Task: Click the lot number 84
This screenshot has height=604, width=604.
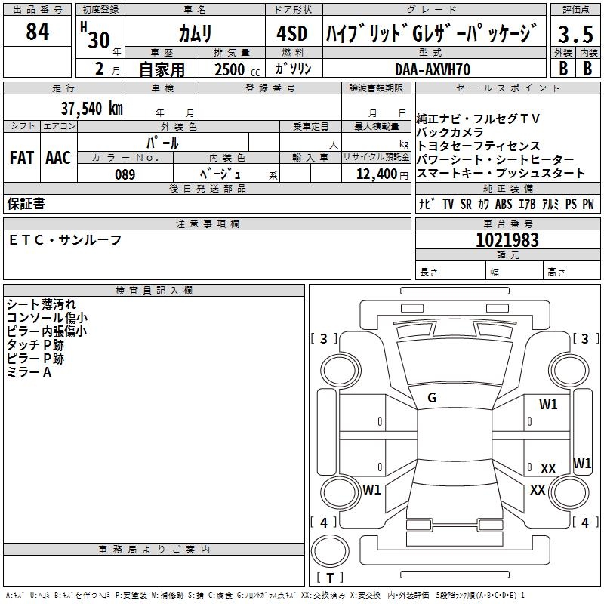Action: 38,32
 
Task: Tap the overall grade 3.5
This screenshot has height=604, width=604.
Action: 575,35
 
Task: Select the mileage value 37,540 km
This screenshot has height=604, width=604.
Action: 91,108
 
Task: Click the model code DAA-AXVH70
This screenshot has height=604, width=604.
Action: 433,69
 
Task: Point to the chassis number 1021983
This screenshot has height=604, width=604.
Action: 507,240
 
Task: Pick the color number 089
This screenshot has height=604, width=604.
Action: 125,174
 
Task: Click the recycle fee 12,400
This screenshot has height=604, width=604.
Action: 375,174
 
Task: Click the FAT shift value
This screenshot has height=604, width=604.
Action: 21,158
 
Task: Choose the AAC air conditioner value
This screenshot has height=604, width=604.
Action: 58,158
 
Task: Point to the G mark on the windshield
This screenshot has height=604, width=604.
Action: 432,398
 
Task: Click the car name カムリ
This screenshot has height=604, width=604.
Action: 195,34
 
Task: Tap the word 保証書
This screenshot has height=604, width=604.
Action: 26,204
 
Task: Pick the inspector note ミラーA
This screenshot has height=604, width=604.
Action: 29,371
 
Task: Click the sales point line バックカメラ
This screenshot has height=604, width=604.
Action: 450,132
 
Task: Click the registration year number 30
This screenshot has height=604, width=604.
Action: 98,39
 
